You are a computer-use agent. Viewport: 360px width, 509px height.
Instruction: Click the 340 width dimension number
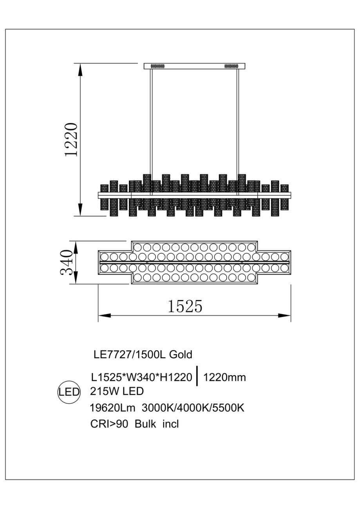click(67, 263)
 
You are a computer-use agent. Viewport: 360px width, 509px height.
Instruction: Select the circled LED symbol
click(69, 392)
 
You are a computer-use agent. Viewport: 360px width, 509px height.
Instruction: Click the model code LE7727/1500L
click(128, 355)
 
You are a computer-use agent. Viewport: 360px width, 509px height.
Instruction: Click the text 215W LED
click(117, 391)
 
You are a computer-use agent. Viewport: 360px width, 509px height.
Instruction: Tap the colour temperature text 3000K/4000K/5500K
click(193, 407)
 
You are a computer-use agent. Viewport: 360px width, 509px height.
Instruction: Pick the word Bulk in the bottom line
click(145, 424)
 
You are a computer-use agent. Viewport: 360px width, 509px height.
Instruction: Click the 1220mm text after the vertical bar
click(225, 377)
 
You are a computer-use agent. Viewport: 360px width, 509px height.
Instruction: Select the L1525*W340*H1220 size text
click(141, 377)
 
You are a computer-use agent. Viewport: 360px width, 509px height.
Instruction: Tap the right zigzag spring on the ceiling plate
click(231, 66)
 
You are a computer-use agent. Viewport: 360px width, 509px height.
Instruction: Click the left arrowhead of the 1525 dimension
click(103, 315)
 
